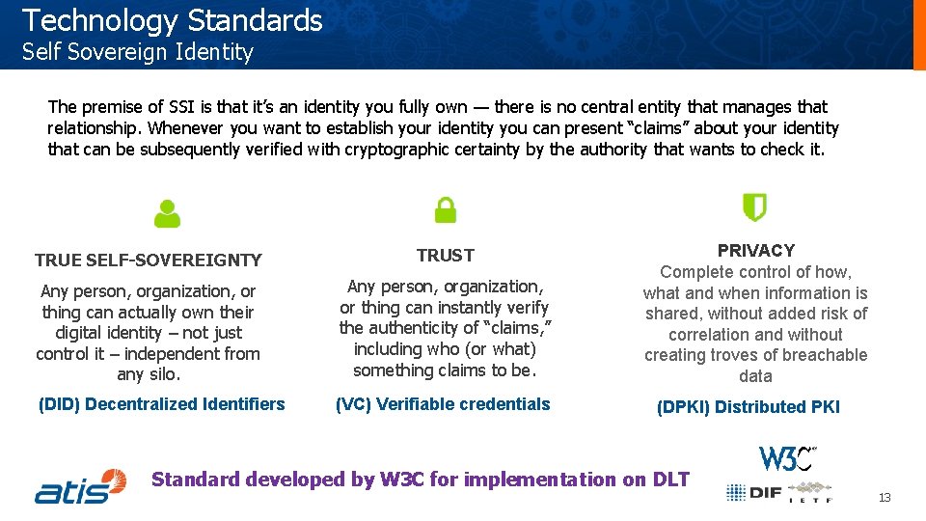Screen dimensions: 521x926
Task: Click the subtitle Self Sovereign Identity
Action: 137,52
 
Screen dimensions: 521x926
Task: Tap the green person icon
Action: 167,213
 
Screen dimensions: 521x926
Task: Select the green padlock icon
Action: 445,209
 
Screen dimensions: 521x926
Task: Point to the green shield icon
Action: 754,207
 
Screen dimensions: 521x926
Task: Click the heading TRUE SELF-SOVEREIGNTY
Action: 148,260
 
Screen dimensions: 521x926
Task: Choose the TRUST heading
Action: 445,255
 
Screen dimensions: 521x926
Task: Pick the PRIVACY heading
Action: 755,250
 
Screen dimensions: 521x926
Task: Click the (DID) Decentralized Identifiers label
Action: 161,404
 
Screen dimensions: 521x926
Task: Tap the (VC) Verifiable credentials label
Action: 443,404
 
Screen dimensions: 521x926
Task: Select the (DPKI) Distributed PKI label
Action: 748,407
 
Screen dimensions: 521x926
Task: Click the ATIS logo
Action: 81,486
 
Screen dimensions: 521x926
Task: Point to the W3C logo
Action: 787,457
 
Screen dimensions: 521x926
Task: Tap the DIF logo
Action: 753,492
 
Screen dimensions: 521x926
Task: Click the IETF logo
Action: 810,492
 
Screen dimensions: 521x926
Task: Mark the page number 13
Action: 885,498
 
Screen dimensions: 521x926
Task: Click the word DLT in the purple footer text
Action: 670,480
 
